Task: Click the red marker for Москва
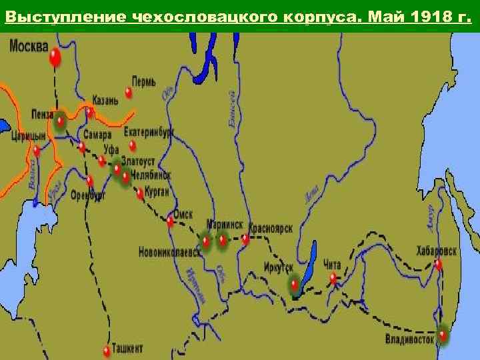tap(55, 58)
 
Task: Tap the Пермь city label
tap(144, 81)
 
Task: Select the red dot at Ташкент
tap(107, 349)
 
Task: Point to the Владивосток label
tap(410, 339)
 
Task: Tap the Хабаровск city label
tap(437, 251)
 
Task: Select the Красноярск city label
tap(271, 227)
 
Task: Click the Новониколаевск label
tap(169, 253)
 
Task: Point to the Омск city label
tap(183, 215)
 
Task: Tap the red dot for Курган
tap(140, 193)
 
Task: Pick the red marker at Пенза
tap(61, 121)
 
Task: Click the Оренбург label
tap(88, 195)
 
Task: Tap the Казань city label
tap(106, 100)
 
